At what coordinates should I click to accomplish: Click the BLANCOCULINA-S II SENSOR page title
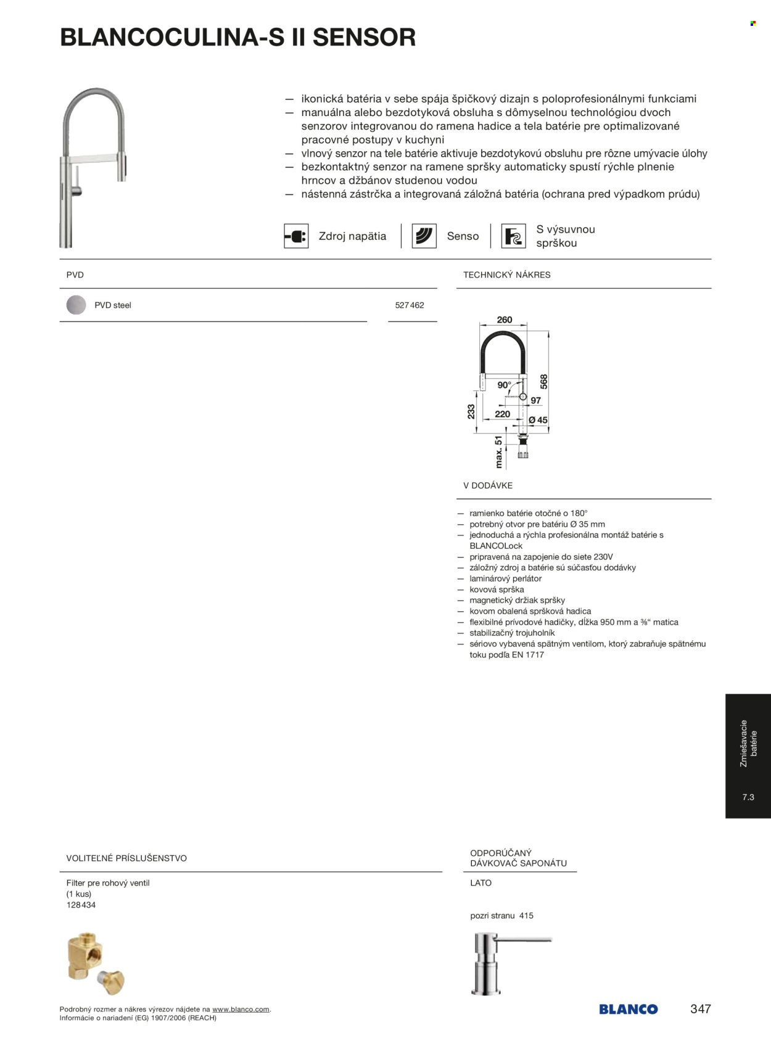[x=237, y=38]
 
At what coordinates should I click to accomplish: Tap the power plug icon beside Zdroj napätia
[x=296, y=236]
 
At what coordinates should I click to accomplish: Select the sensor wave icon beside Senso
[x=424, y=236]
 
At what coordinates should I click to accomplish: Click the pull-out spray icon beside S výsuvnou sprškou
[x=513, y=236]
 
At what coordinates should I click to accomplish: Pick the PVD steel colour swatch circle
[x=76, y=305]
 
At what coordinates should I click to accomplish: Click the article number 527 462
[x=410, y=305]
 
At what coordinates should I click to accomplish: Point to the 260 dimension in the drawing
[x=505, y=319]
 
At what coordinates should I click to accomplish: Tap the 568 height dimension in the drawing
[x=543, y=382]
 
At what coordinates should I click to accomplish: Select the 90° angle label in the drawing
[x=505, y=385]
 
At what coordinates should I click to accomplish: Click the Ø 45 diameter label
[x=538, y=420]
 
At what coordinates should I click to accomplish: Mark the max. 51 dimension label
[x=499, y=452]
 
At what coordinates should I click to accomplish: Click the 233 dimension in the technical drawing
[x=471, y=411]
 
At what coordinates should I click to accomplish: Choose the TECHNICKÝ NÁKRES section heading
[x=507, y=275]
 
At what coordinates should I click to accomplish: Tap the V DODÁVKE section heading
[x=488, y=485]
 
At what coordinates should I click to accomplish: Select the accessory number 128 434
[x=81, y=905]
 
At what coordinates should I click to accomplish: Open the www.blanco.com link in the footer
[x=241, y=1010]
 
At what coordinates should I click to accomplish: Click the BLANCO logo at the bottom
[x=628, y=1009]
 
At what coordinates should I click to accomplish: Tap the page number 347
[x=701, y=1009]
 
